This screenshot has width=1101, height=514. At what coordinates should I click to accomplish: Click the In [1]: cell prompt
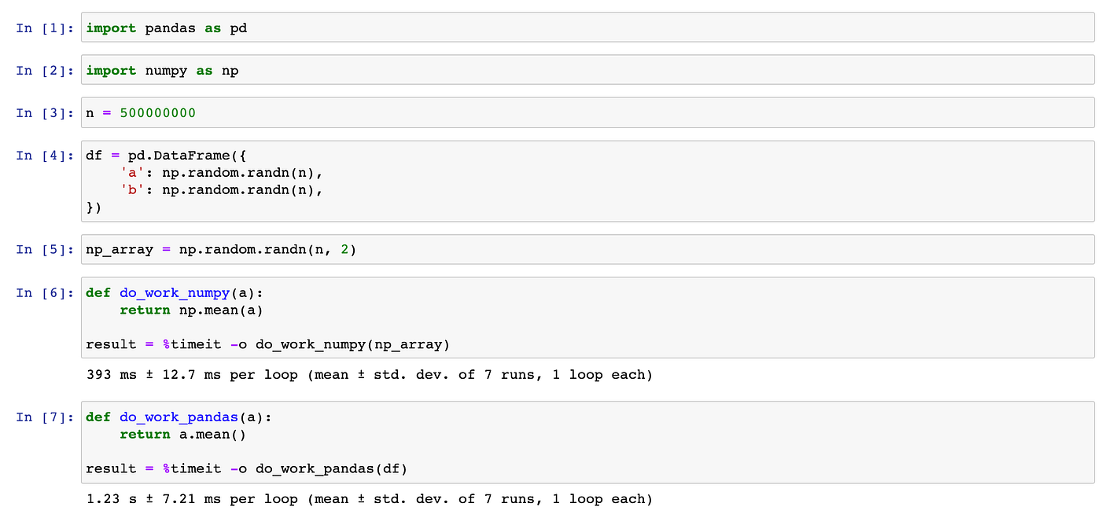[x=45, y=28]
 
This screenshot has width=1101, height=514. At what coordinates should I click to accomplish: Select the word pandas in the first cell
[x=170, y=28]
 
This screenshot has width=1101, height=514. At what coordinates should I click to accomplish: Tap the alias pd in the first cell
[x=238, y=28]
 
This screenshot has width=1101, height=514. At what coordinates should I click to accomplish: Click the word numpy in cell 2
[x=166, y=71]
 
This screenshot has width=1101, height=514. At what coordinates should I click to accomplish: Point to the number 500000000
[x=158, y=113]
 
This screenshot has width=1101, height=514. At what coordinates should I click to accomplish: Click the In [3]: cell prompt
[x=45, y=113]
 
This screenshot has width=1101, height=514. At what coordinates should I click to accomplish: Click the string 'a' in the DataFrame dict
[x=132, y=173]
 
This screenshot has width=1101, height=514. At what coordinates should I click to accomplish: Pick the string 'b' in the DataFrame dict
[x=132, y=190]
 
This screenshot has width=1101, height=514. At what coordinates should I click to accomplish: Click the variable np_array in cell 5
[x=120, y=250]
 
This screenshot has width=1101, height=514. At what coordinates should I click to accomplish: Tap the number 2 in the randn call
[x=344, y=250]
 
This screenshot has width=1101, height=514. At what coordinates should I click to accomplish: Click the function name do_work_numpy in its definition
[x=175, y=293]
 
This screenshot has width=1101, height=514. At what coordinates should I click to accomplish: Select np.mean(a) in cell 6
[x=221, y=310]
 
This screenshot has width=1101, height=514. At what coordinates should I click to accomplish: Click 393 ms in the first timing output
[x=112, y=375]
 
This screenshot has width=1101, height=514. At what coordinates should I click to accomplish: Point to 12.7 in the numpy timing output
[x=179, y=375]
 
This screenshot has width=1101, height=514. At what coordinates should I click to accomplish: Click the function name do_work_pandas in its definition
[x=179, y=417]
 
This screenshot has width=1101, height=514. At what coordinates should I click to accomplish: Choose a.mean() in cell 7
[x=212, y=435]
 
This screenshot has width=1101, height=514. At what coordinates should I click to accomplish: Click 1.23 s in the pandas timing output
[x=112, y=499]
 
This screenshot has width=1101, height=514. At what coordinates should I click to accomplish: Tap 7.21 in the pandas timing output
[x=179, y=499]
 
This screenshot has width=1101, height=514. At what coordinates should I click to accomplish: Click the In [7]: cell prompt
[x=45, y=417]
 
